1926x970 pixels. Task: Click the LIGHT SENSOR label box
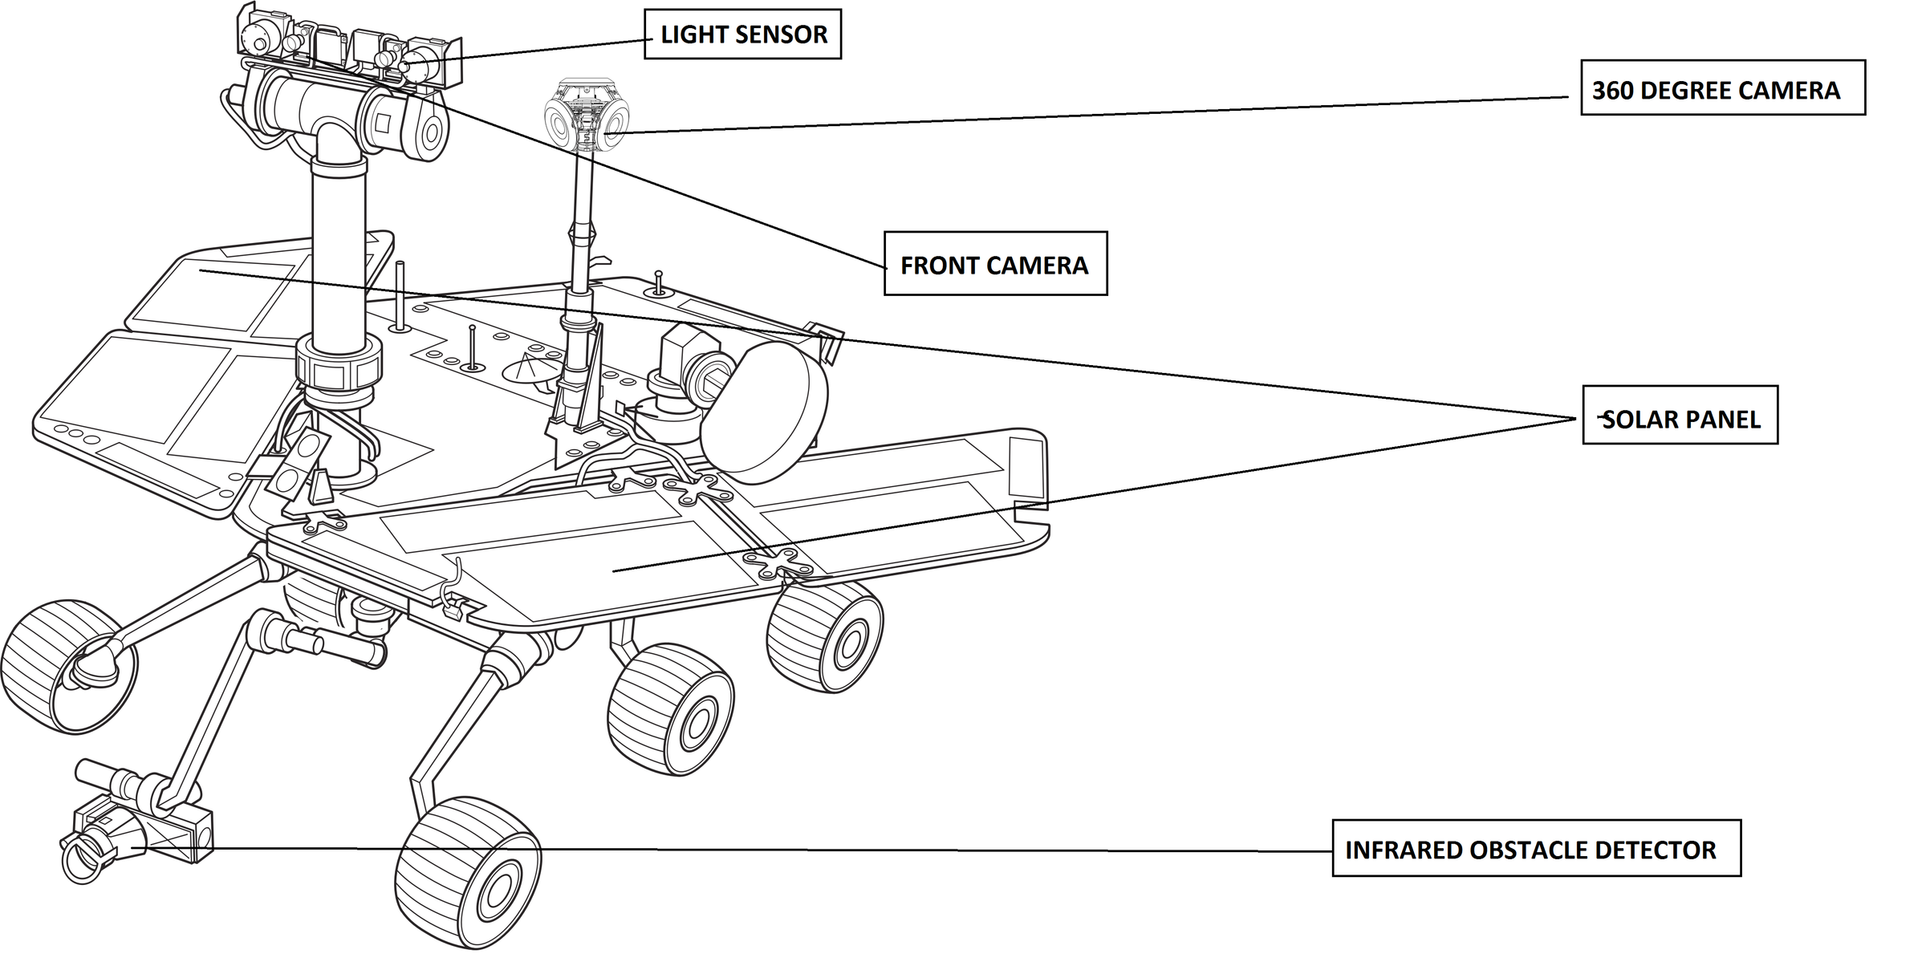pyautogui.click(x=742, y=34)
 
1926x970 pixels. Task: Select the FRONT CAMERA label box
pyautogui.click(x=995, y=264)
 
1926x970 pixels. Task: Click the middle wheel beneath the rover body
pyautogui.click(x=671, y=708)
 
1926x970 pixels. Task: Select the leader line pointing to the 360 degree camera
pyautogui.click(x=1095, y=115)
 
